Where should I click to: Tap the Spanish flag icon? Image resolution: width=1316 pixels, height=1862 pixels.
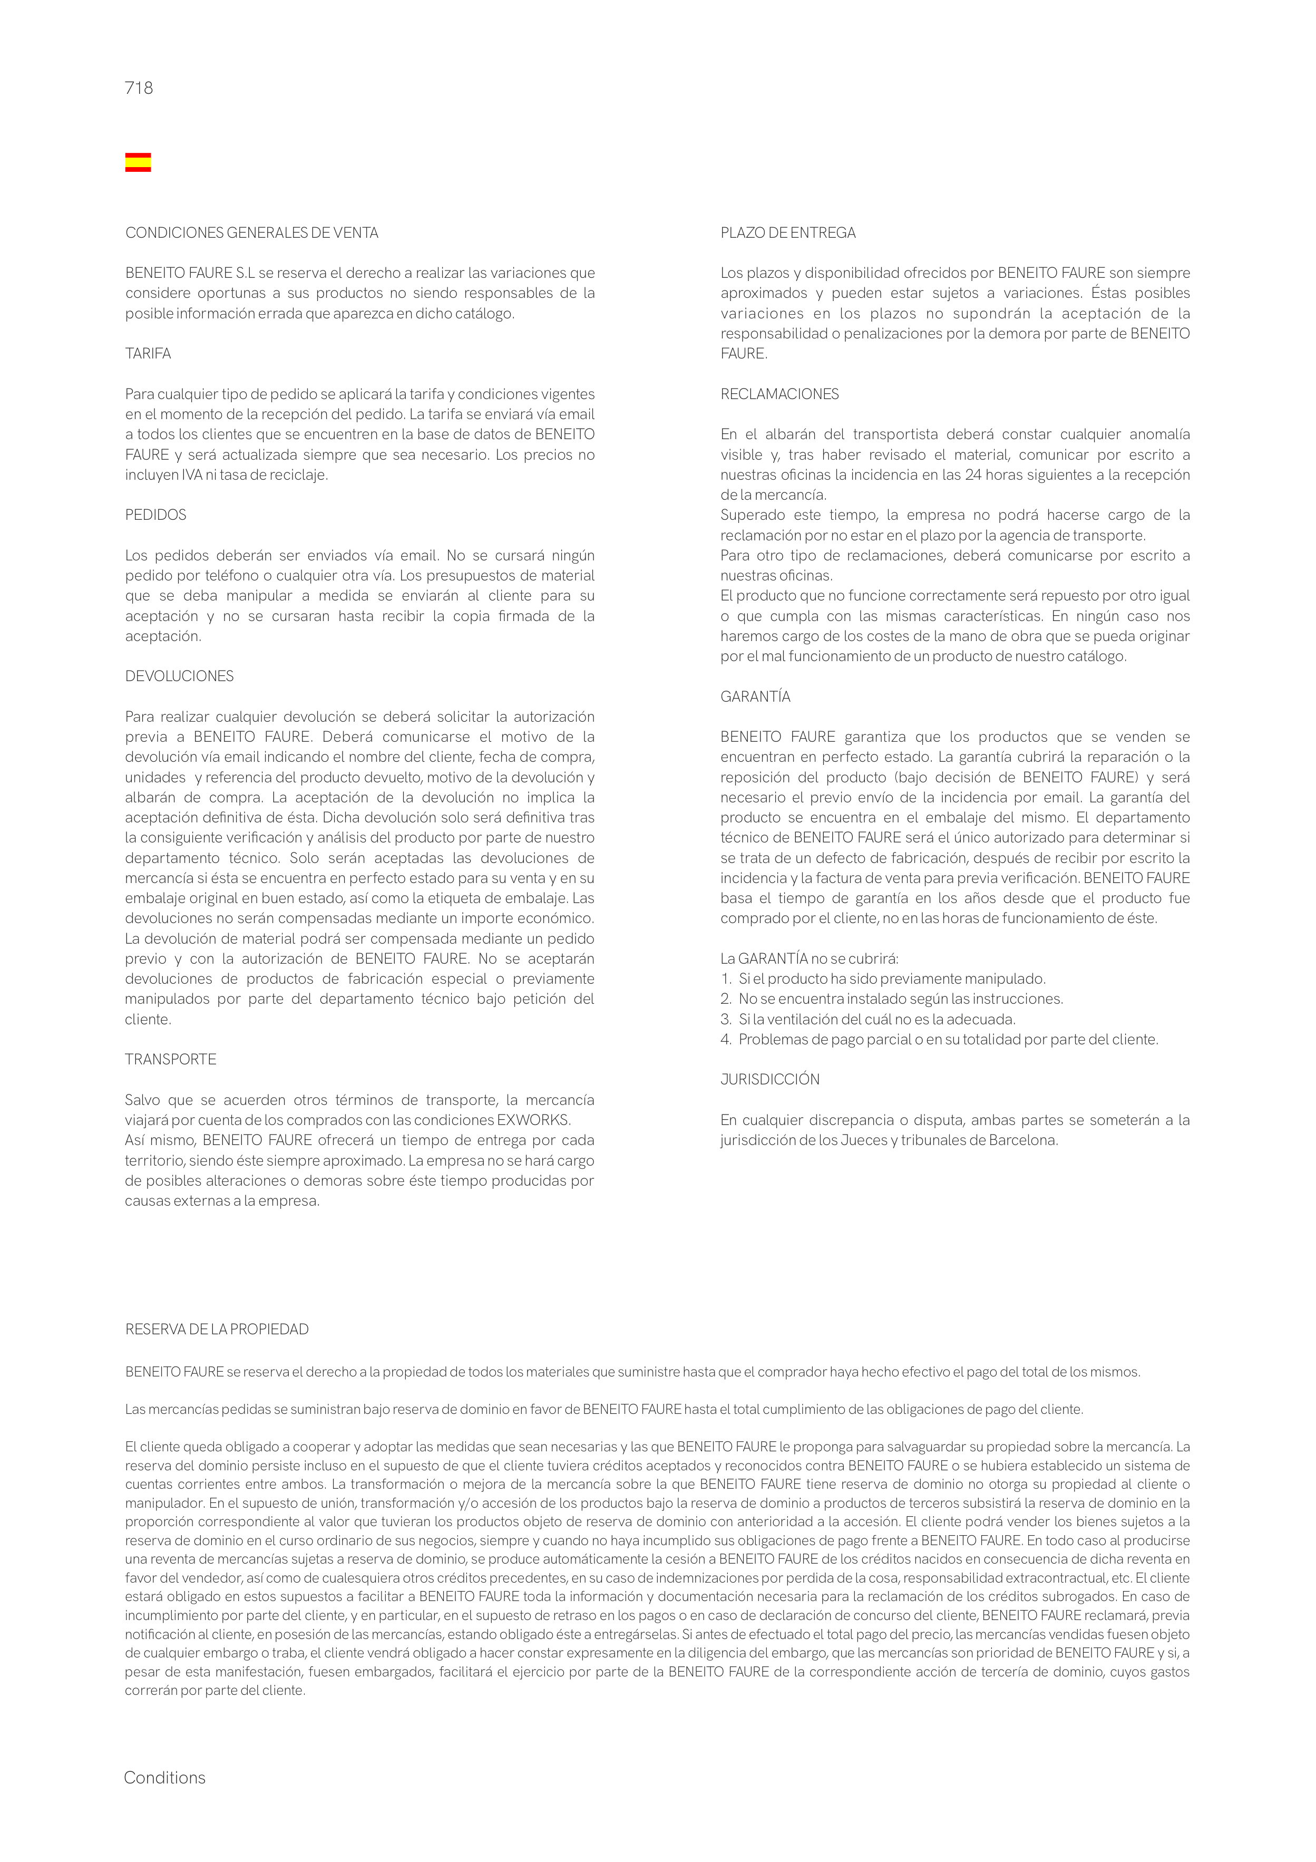pos(138,162)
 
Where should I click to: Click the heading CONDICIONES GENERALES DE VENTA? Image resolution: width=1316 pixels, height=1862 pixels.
pos(251,234)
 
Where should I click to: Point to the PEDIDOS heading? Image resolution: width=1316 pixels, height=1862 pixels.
pos(155,516)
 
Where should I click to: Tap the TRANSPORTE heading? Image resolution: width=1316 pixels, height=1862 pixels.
pos(170,1060)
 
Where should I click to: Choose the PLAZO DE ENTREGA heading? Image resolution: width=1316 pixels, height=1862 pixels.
pos(787,234)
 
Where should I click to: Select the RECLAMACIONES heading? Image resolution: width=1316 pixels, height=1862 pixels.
pos(779,395)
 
